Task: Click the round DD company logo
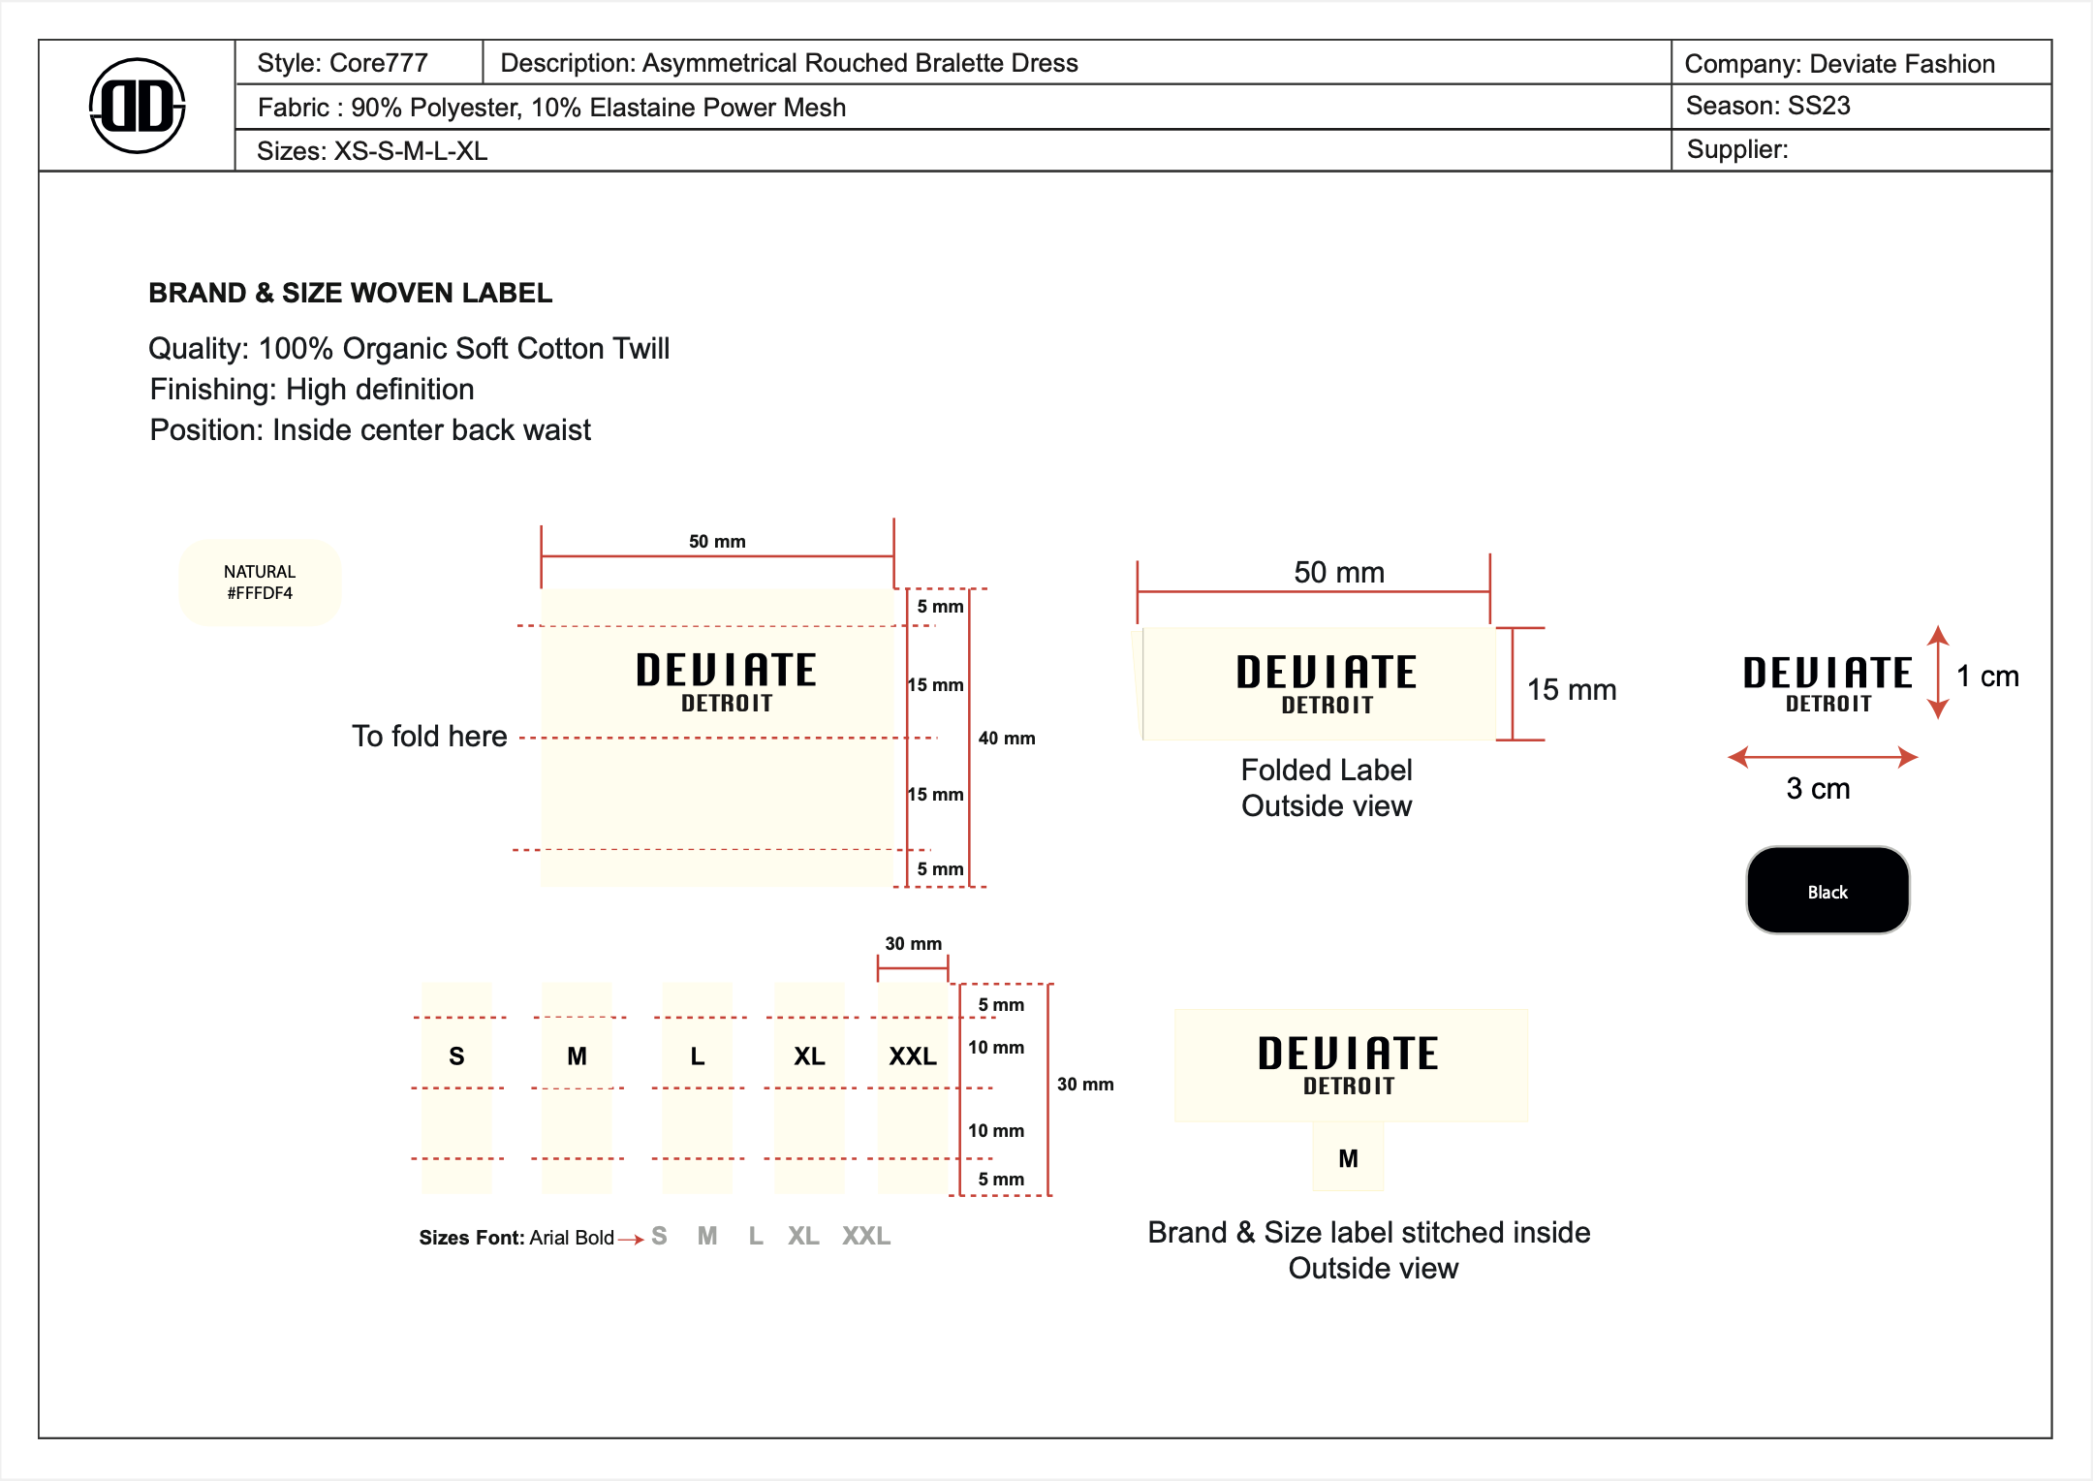137,106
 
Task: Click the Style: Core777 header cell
342,63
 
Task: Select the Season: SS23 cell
1767,106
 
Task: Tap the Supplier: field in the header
1736,149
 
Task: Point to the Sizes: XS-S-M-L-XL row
372,151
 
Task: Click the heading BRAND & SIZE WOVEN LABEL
350,293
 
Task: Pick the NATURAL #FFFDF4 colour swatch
260,583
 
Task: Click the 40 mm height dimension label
1006,739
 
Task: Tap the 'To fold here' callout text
429,737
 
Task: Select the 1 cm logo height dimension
1986,677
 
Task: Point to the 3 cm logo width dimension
1818,789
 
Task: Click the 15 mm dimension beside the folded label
1572,690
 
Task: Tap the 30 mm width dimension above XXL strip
913,944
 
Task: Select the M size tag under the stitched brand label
1348,1158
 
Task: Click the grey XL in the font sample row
803,1237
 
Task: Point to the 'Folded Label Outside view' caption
1327,788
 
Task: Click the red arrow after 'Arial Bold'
631,1239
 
